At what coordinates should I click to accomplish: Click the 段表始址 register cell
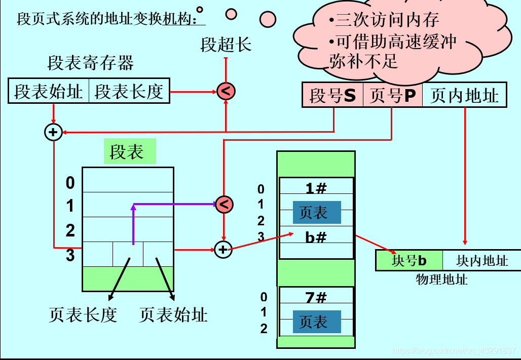(49, 92)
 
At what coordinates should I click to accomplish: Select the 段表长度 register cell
(129, 92)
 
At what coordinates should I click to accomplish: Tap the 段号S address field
(332, 95)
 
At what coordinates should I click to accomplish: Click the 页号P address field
(392, 95)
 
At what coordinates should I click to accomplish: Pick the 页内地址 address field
(464, 95)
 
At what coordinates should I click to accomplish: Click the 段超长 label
(226, 45)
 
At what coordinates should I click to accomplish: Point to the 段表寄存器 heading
(91, 63)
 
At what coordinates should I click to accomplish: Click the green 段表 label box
(127, 152)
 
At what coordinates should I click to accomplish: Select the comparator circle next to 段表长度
(226, 92)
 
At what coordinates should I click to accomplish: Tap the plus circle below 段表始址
(53, 133)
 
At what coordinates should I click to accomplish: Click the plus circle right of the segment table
(223, 249)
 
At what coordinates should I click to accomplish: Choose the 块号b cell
(410, 261)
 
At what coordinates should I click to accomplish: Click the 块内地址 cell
(482, 261)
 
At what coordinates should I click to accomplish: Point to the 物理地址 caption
(442, 279)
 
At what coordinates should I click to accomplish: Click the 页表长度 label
(83, 315)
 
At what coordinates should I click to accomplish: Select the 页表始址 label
(173, 315)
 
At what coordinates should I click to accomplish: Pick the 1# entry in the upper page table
(316, 188)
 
